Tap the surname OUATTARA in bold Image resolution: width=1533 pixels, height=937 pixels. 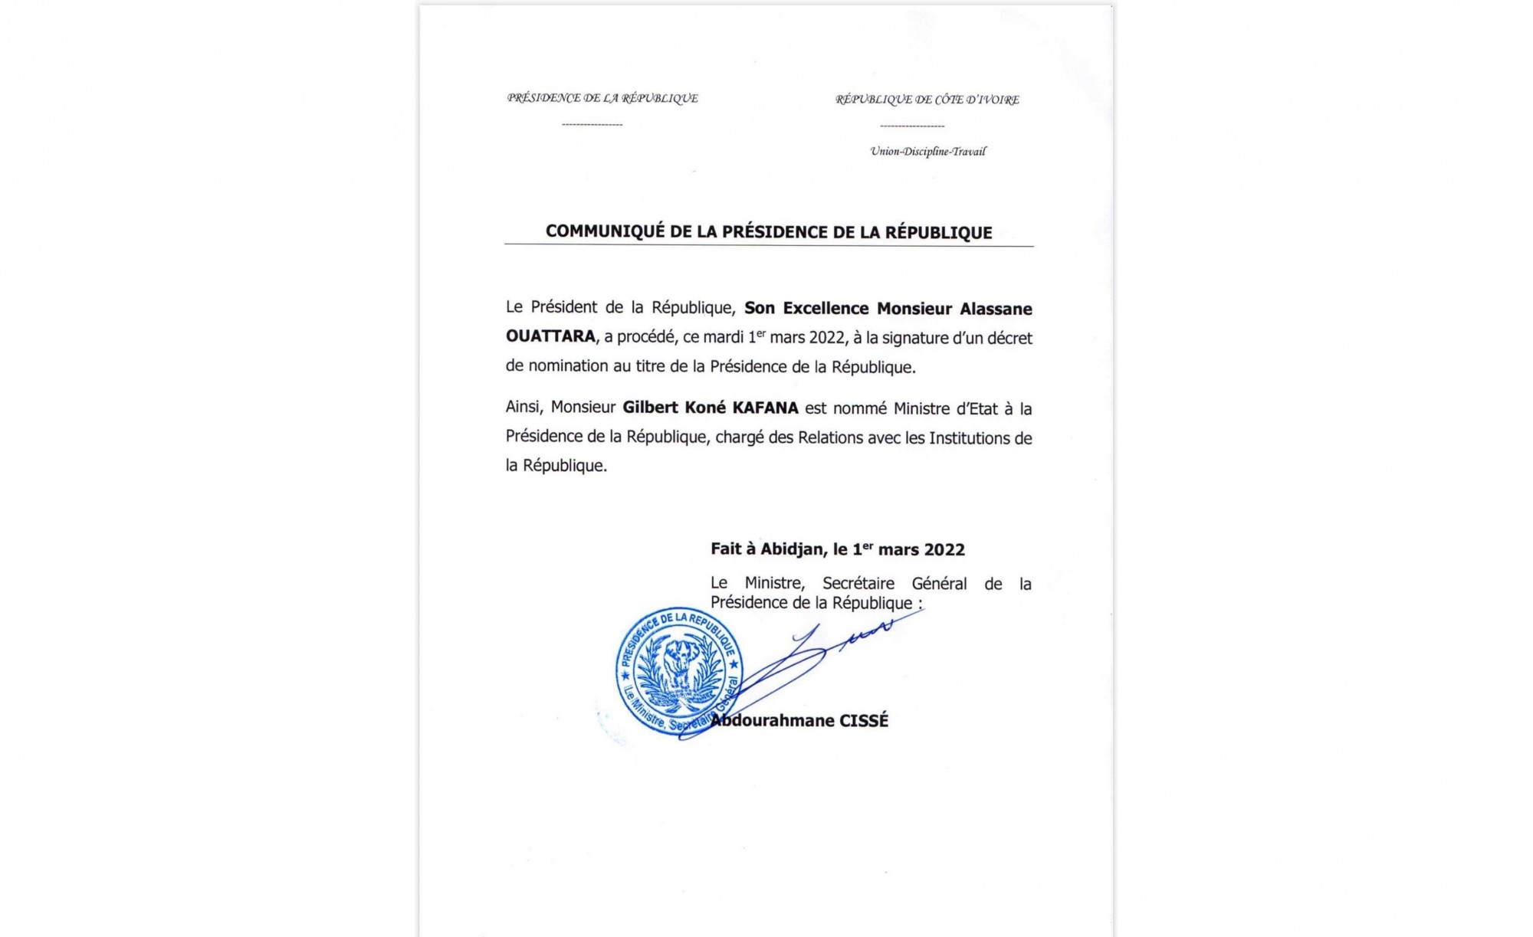click(x=550, y=336)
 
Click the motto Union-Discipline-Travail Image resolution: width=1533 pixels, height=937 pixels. click(x=927, y=152)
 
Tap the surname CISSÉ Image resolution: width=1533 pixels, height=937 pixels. click(x=864, y=721)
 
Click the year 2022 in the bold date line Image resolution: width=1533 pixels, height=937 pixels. click(x=944, y=550)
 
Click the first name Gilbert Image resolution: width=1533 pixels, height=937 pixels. click(x=648, y=408)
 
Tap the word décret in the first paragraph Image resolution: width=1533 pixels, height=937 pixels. click(x=1009, y=338)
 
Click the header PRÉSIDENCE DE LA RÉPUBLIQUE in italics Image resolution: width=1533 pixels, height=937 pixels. click(x=602, y=98)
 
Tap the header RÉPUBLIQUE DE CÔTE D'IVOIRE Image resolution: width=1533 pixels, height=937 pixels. click(x=927, y=100)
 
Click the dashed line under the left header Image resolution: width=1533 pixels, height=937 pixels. click(x=592, y=124)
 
